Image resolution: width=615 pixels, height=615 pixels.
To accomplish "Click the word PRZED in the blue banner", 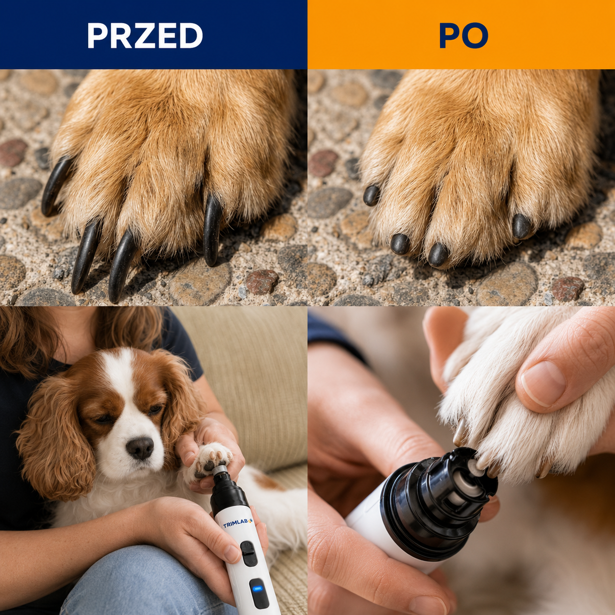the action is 145,35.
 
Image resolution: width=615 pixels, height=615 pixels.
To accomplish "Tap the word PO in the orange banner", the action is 464,35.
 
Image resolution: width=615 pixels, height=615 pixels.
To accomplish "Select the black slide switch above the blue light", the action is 249,553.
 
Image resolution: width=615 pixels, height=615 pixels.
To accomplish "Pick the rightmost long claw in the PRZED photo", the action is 212,230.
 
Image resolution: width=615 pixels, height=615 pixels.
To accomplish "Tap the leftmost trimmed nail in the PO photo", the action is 371,195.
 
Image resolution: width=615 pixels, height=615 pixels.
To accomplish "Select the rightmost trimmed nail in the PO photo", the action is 521,226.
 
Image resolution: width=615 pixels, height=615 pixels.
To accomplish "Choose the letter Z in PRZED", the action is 145,35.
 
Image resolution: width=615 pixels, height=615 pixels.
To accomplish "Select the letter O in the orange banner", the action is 475,35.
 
